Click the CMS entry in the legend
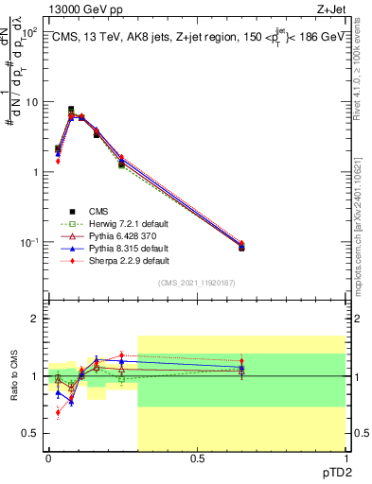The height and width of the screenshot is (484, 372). click(x=97, y=211)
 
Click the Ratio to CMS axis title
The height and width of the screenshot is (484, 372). click(x=13, y=379)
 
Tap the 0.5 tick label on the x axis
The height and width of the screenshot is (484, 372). click(x=197, y=458)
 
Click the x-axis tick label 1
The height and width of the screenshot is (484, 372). click(x=345, y=458)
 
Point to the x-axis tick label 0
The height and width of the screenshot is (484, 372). click(x=48, y=458)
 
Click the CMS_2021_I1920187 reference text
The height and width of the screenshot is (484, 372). click(x=197, y=283)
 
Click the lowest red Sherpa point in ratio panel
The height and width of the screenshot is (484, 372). click(x=58, y=412)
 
